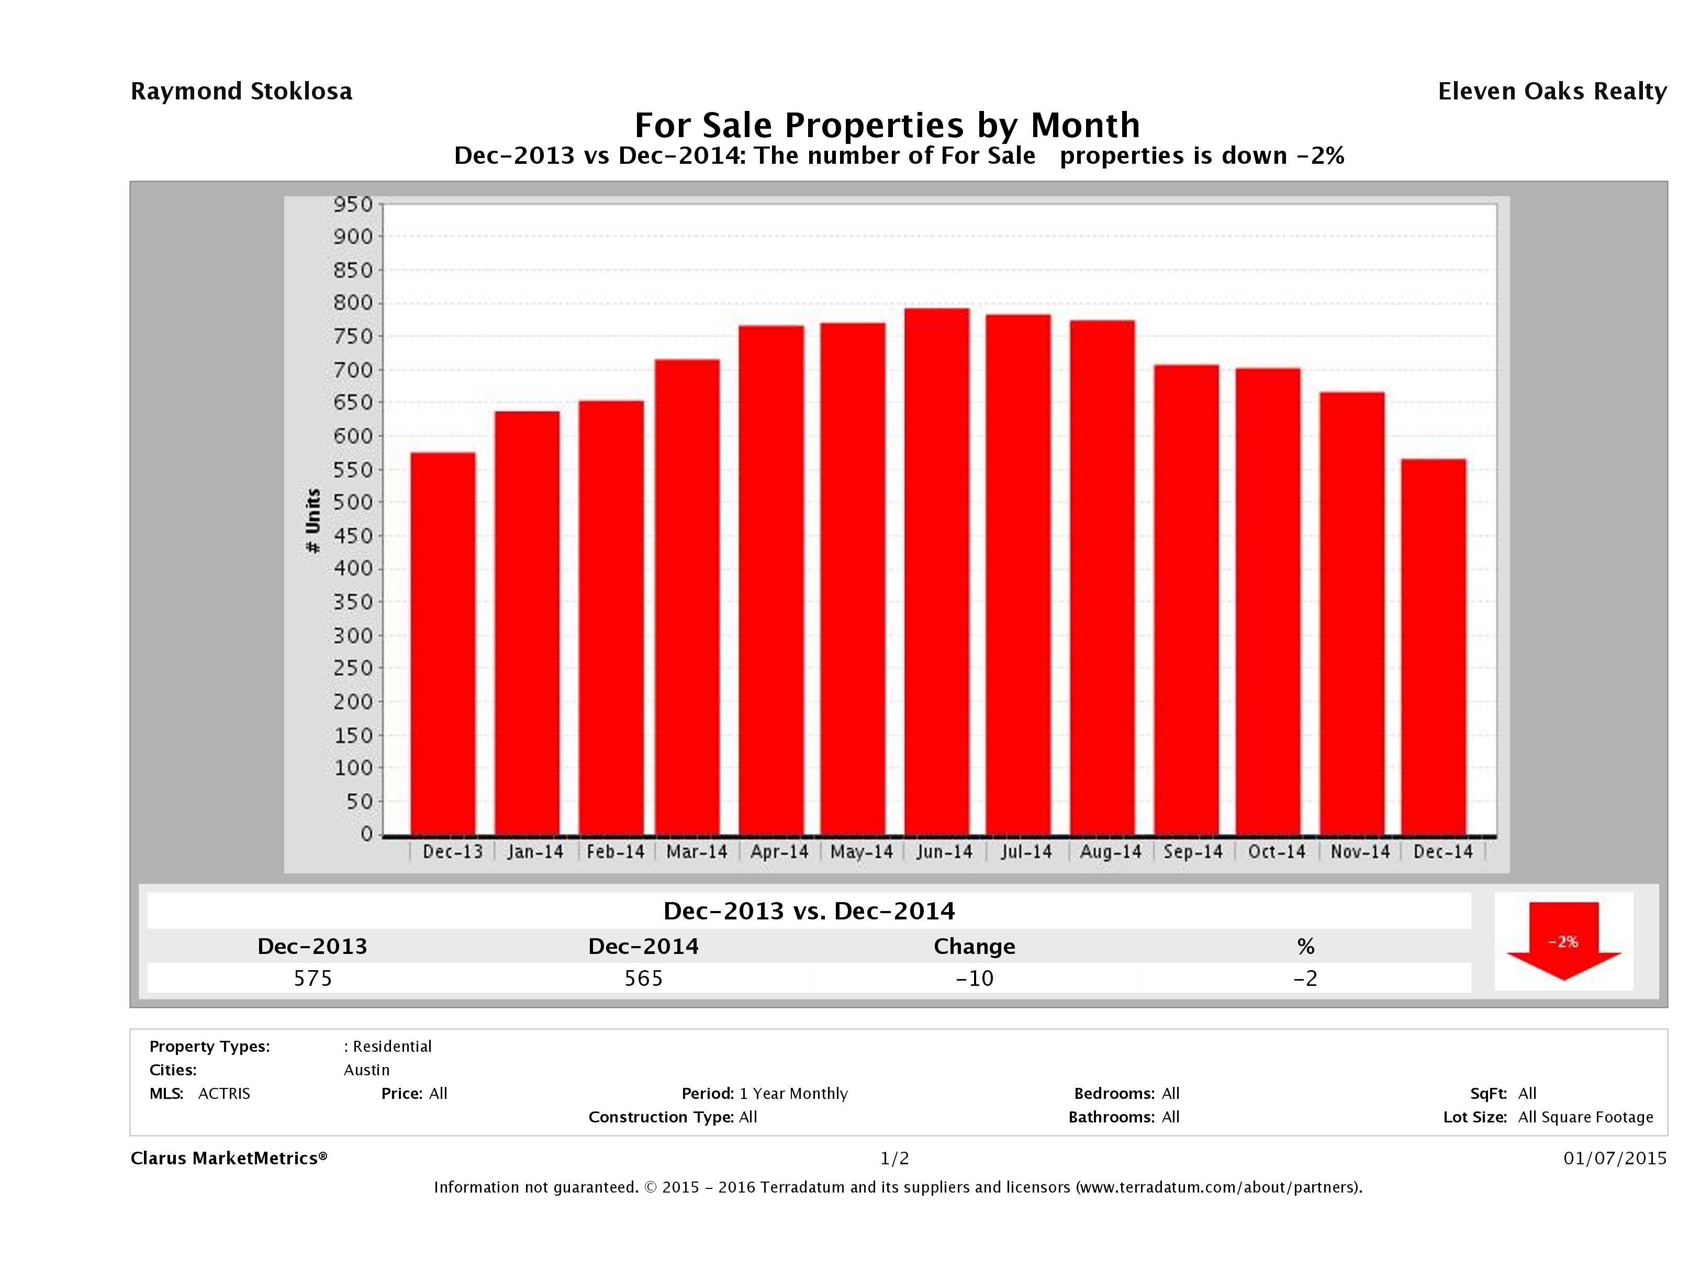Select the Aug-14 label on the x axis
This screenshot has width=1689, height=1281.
pyautogui.click(x=1110, y=852)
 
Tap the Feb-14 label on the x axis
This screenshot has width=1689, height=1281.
pyautogui.click(x=616, y=852)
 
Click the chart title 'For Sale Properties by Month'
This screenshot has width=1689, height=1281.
pyautogui.click(x=887, y=125)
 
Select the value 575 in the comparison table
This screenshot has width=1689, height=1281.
pyautogui.click(x=313, y=978)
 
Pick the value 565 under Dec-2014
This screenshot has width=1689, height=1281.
pyautogui.click(x=644, y=978)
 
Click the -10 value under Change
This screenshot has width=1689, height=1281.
pyautogui.click(x=975, y=978)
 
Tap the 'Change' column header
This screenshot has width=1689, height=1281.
pyautogui.click(x=975, y=947)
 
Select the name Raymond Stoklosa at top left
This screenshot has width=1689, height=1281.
pyautogui.click(x=241, y=92)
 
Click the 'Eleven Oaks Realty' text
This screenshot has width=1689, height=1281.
pyautogui.click(x=1551, y=92)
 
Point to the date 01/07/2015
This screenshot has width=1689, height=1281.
pyautogui.click(x=1614, y=1158)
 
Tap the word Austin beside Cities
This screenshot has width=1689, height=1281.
pyautogui.click(x=366, y=1070)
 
